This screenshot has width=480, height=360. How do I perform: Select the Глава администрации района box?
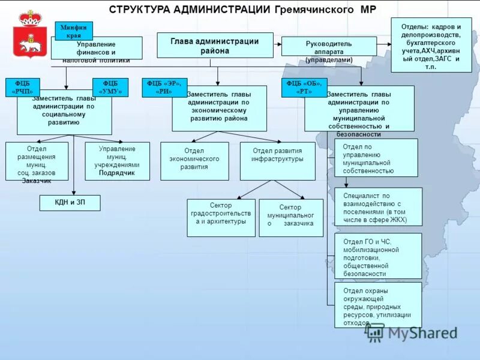[x=215, y=45]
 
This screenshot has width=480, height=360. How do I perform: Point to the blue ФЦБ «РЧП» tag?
[x=23, y=88]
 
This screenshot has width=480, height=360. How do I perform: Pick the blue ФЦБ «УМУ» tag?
[x=110, y=88]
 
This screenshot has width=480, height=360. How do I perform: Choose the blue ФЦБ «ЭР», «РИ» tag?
[x=164, y=88]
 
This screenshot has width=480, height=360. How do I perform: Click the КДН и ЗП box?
[x=70, y=203]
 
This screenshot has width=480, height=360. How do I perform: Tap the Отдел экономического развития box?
[x=194, y=161]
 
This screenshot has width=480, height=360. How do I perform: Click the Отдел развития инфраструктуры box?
[x=277, y=161]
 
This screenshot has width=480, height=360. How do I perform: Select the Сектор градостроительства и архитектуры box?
[x=221, y=217]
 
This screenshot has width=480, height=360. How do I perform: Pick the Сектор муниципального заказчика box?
[x=291, y=217]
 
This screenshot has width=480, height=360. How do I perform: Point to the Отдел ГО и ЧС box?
[x=378, y=256]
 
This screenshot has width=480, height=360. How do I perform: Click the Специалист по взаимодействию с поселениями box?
[x=378, y=207]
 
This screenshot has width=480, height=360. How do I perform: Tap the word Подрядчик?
[x=117, y=173]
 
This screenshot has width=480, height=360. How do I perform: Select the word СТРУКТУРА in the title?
[x=139, y=10]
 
